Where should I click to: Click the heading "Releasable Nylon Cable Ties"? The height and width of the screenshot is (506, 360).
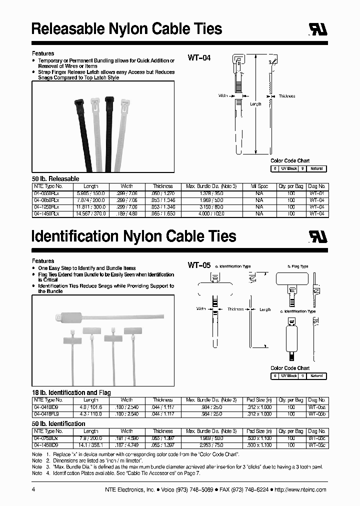click(x=126, y=28)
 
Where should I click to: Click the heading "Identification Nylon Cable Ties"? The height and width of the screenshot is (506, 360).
click(x=134, y=236)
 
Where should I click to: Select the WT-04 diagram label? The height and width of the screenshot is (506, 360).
click(x=199, y=58)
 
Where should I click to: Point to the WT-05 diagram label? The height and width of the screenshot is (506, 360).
click(x=199, y=265)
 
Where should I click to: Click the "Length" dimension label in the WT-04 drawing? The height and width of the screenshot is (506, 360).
click(x=255, y=104)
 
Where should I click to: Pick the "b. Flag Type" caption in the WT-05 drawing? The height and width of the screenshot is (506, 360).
click(x=298, y=266)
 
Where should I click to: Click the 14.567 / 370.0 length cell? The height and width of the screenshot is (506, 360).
click(x=91, y=213)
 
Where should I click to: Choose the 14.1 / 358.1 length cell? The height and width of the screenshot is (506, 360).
click(x=91, y=444)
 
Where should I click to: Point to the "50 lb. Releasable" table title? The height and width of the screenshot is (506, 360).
click(x=55, y=178)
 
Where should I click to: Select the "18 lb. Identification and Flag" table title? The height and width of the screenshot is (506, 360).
click(x=71, y=392)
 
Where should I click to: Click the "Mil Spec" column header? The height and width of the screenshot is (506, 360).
click(x=259, y=186)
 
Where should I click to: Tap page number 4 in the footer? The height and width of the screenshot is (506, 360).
click(x=33, y=490)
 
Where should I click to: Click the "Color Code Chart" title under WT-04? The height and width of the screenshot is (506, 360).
click(x=290, y=161)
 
